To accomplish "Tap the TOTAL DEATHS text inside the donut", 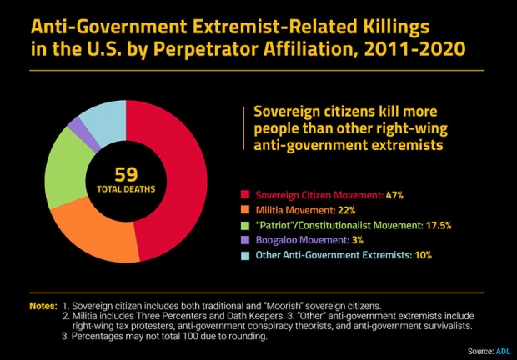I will tap(126, 191).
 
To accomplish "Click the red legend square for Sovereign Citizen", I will tap(244, 194).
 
